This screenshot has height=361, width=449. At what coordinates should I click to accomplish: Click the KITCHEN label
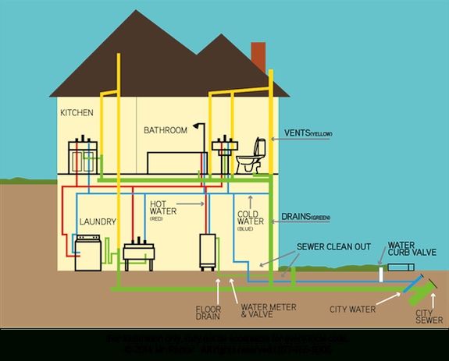click(77, 113)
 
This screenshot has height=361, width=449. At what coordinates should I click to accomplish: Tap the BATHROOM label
click(165, 130)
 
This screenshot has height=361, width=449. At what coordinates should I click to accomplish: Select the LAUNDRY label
click(98, 222)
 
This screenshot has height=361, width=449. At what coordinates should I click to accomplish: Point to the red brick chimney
click(258, 56)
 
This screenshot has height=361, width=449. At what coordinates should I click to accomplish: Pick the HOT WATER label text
click(164, 209)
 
